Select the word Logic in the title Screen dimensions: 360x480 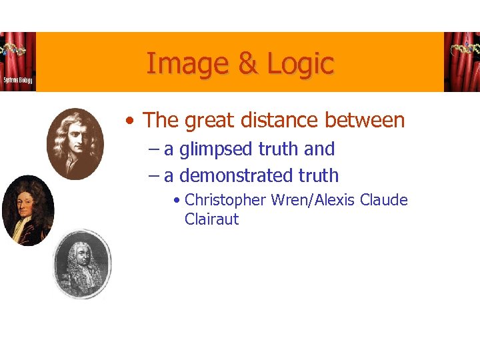300,64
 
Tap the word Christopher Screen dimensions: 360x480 226,200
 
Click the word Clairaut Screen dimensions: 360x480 211,219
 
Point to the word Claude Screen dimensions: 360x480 383,200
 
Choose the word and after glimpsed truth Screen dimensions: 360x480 319,149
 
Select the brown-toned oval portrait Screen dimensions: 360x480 75,143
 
